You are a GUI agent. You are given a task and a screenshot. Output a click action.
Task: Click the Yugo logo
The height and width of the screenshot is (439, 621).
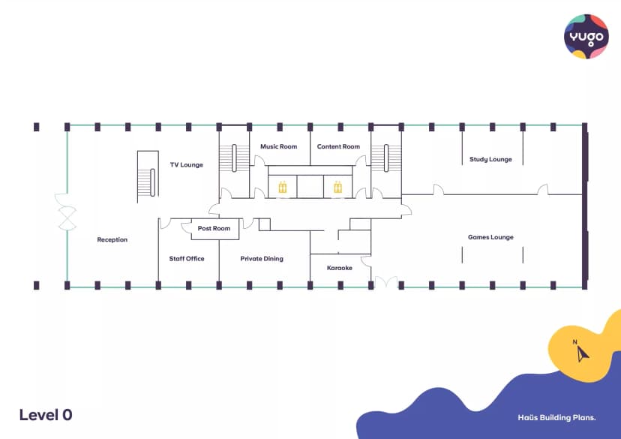[x=586, y=37]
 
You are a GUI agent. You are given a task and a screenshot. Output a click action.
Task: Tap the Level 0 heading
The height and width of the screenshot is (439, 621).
[x=46, y=415]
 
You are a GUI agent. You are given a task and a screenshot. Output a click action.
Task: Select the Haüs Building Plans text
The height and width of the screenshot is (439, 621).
[x=556, y=417]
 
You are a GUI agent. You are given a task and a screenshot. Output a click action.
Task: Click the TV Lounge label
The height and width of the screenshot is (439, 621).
[x=187, y=165]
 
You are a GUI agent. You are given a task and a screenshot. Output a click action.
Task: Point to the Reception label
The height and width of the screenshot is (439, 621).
[x=112, y=239]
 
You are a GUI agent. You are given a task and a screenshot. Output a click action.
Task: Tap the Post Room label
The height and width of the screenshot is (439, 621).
[x=214, y=228]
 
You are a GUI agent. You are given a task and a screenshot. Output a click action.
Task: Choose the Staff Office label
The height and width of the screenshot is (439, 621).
[x=187, y=259]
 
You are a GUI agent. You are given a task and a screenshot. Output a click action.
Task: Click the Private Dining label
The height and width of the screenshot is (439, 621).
[x=262, y=259]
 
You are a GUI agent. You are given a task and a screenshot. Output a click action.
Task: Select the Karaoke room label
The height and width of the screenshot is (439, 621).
[x=340, y=268]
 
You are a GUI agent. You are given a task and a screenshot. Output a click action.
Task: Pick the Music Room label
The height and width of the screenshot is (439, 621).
[x=278, y=146]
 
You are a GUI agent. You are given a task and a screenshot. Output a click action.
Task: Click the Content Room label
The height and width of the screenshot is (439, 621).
[x=338, y=146]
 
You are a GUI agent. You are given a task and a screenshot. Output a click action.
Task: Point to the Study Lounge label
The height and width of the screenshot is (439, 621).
[x=490, y=159]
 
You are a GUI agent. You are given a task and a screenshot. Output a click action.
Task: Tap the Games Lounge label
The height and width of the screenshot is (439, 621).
[x=490, y=237]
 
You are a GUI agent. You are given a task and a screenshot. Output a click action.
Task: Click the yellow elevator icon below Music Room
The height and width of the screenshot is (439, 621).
[x=283, y=187]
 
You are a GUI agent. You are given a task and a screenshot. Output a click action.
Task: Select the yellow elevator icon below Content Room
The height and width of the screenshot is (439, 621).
[x=337, y=187]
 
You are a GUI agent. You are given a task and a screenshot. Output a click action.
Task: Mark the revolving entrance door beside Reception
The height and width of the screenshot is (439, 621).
[x=66, y=212]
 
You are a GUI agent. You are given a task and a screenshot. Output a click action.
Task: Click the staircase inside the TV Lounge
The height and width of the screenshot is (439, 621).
[x=148, y=176]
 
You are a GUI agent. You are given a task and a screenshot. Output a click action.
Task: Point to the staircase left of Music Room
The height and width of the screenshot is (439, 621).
[x=234, y=158]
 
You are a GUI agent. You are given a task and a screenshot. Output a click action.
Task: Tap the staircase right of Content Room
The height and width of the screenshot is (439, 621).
[x=386, y=158]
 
